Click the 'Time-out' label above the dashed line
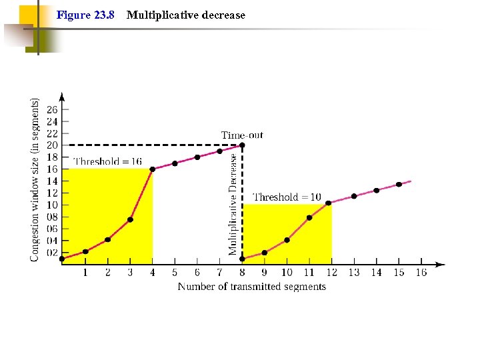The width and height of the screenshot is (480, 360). pos(242,135)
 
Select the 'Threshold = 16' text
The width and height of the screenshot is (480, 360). pos(107,161)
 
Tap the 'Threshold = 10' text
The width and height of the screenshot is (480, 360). pos(287,197)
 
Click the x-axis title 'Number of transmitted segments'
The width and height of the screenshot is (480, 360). pos(251,287)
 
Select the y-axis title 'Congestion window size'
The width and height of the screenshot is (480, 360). pos(35,180)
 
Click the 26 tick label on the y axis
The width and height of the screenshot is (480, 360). pos(52,109)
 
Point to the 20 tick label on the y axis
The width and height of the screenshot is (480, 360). pos(52,145)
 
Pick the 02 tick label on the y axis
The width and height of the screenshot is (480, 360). pos(52,253)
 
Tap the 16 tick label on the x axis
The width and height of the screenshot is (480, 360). pos(421,272)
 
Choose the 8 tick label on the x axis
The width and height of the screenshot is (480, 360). pos(242,272)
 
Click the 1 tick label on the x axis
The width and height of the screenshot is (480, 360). pos(85,272)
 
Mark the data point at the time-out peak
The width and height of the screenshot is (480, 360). pos(242,145)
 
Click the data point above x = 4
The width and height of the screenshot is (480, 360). pos(153,169)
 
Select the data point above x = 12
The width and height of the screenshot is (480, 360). pos(328,203)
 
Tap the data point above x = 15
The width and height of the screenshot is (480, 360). pos(399,184)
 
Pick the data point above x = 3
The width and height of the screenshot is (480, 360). pos(130,219)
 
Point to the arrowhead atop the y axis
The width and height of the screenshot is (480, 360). pos(62,95)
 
